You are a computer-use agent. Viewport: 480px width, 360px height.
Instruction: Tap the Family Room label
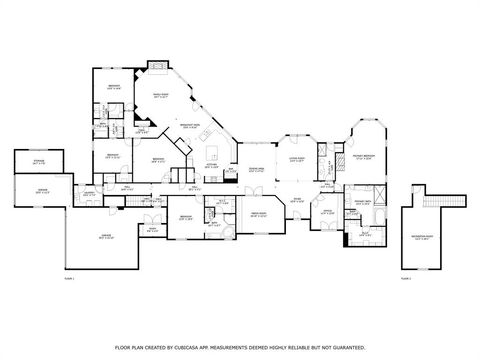coord(160,96)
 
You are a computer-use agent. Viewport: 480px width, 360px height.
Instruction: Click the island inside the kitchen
coord(212,153)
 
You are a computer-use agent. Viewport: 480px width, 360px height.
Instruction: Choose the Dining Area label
coord(256,169)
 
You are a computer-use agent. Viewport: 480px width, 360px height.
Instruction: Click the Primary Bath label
coord(362,202)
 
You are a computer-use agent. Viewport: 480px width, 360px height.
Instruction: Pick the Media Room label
coord(258,213)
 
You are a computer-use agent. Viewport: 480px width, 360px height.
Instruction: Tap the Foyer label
coord(296,199)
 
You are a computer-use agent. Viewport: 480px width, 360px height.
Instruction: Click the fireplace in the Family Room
coord(156,65)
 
